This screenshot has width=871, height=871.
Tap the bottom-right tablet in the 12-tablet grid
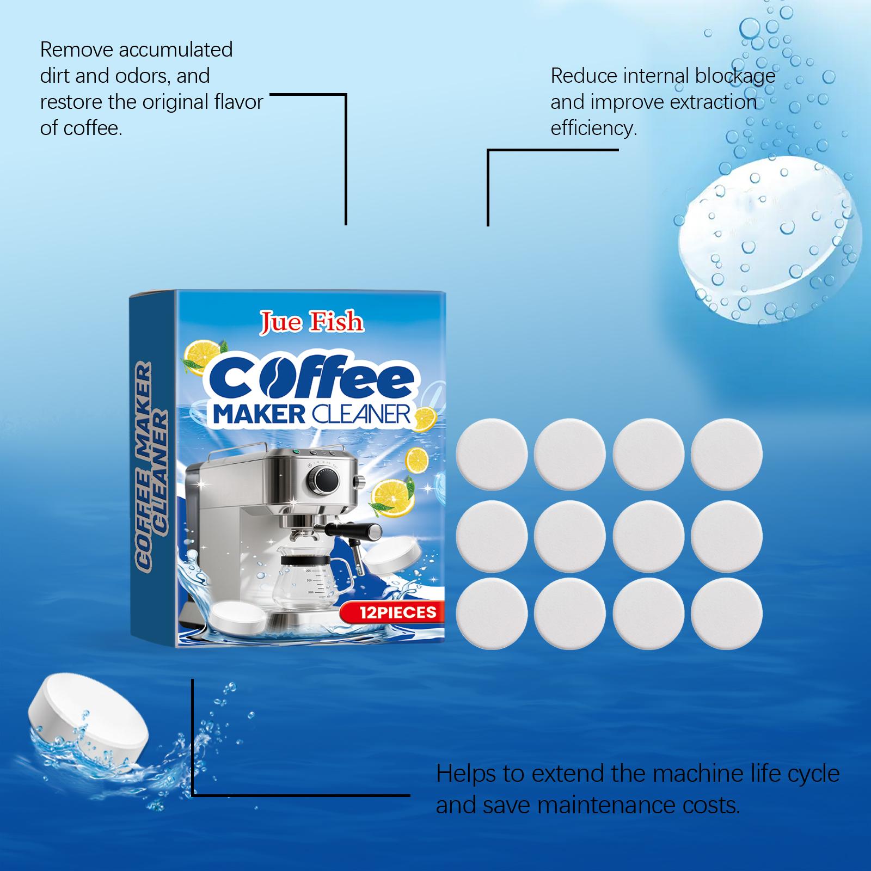(727, 614)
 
